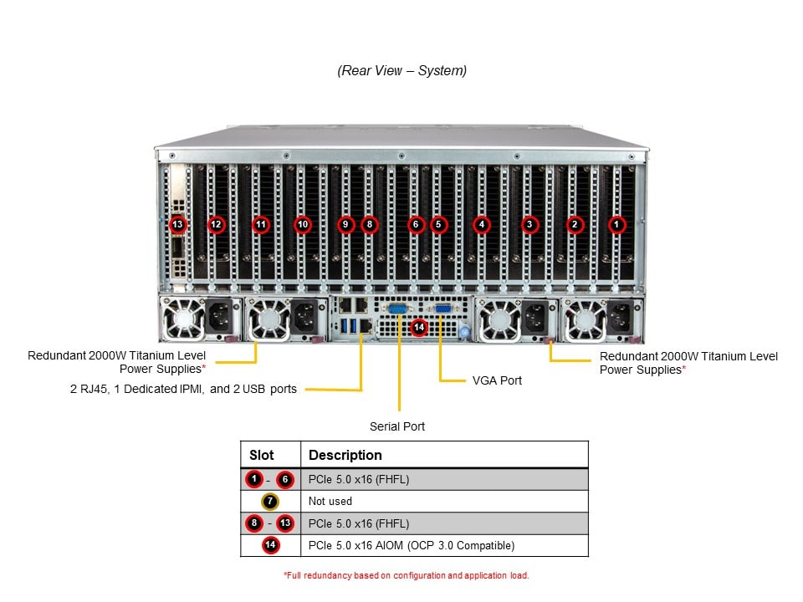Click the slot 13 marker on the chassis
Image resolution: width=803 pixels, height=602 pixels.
[x=176, y=224]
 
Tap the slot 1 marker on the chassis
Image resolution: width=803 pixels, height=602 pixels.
[x=616, y=224]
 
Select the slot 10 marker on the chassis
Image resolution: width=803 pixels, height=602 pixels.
[x=303, y=224]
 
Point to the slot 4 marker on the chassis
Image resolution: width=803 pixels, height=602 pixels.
[x=481, y=224]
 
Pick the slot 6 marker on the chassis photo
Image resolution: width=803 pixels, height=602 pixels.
[x=415, y=224]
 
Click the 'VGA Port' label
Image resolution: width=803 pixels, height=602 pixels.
[x=496, y=380]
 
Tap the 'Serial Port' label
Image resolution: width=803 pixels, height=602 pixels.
[x=397, y=426]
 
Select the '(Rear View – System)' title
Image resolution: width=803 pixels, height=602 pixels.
[x=401, y=71]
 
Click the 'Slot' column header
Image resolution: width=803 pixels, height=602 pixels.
[x=262, y=455]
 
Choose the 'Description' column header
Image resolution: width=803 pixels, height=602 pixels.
[x=345, y=455]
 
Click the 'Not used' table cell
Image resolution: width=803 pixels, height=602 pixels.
[x=330, y=502]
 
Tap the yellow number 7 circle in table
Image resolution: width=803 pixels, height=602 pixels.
[x=270, y=502]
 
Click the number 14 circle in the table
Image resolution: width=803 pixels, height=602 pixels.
[x=270, y=546]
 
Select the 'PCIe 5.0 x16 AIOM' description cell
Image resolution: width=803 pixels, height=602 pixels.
[x=412, y=546]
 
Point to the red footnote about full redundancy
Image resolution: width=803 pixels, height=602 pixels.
[x=407, y=575]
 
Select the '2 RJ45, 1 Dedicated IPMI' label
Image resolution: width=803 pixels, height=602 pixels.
[x=183, y=389]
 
